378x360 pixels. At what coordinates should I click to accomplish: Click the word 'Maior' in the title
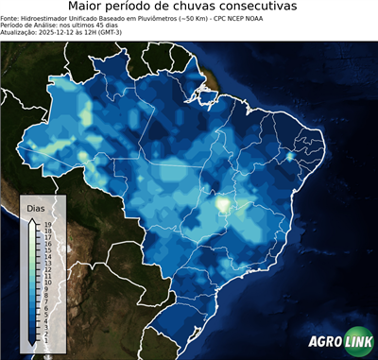pyautogui.click(x=89, y=8)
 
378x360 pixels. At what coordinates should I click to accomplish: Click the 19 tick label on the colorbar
pyautogui.click(x=45, y=225)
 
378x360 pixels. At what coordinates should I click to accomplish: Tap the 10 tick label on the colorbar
pyautogui.click(x=45, y=282)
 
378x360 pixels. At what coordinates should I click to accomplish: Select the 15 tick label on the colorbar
pyautogui.click(x=45, y=250)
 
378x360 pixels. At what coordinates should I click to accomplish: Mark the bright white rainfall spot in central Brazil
pyautogui.click(x=224, y=201)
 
